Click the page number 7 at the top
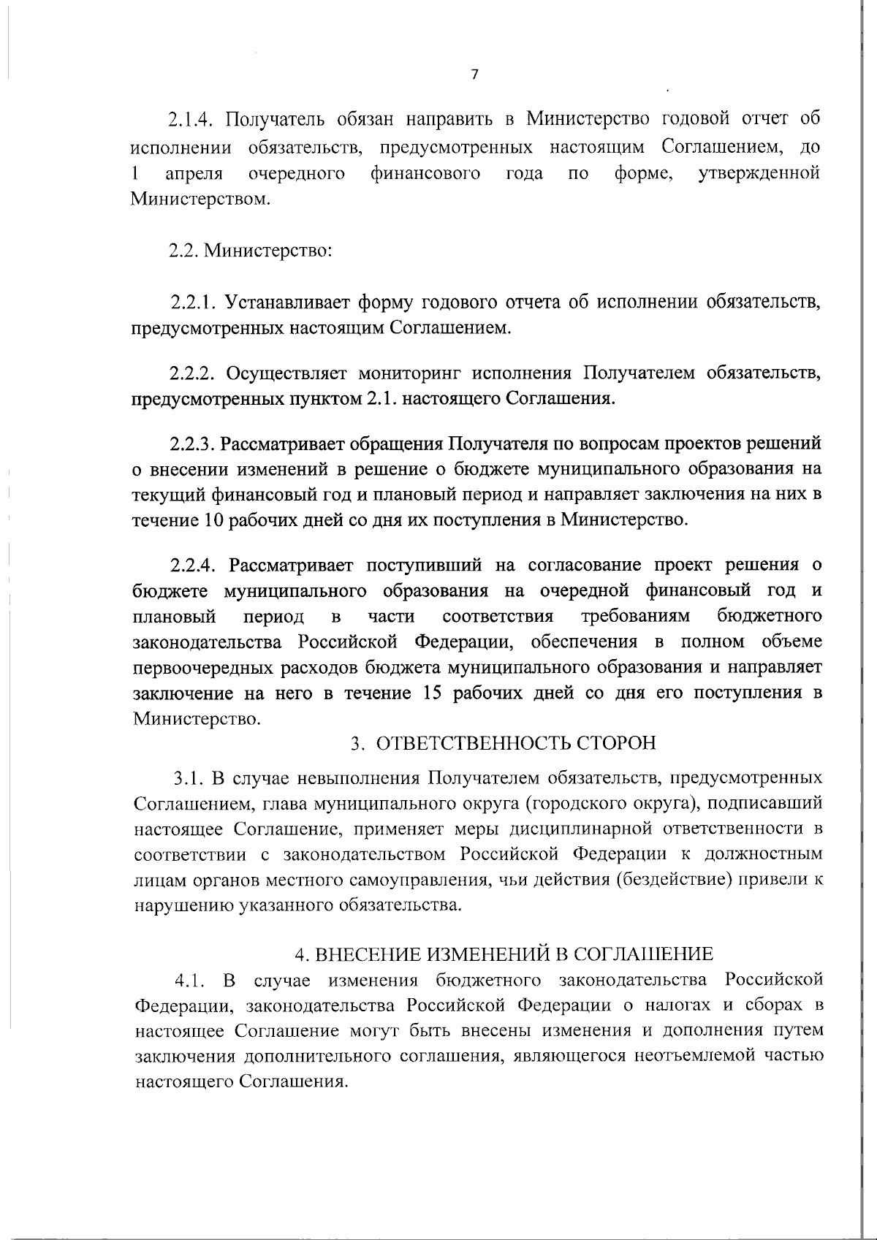click(x=475, y=75)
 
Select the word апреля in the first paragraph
click(x=194, y=173)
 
